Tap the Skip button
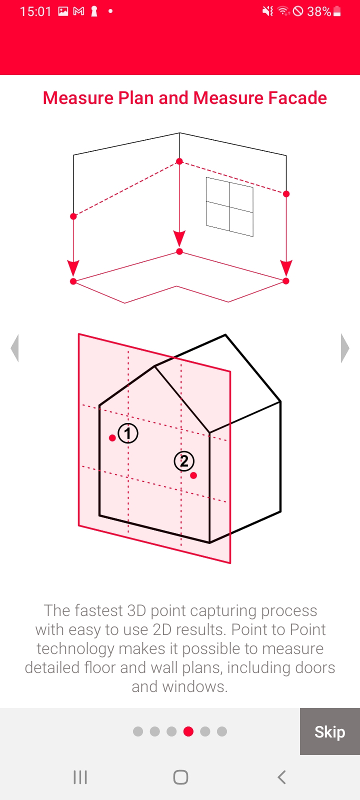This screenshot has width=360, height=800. (x=329, y=731)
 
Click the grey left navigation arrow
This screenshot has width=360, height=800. (x=15, y=348)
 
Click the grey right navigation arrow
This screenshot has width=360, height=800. (x=345, y=348)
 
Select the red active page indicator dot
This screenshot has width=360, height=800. (x=188, y=731)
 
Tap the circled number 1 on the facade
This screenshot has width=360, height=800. (x=128, y=433)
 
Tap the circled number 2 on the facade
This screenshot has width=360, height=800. (x=184, y=461)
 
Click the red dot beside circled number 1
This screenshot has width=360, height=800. (x=112, y=438)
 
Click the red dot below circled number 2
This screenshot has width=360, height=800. (x=193, y=475)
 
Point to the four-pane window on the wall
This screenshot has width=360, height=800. (x=229, y=207)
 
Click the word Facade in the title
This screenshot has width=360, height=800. (x=297, y=98)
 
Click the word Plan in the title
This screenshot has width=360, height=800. (x=136, y=98)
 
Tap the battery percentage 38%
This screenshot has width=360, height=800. (x=319, y=11)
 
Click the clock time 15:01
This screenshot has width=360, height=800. (x=35, y=11)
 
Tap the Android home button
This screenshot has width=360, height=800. (x=180, y=777)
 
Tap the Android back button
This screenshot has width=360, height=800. (x=282, y=777)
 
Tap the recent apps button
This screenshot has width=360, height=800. (x=80, y=777)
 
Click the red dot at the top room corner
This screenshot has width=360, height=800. (x=179, y=161)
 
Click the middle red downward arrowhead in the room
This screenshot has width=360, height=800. (x=179, y=238)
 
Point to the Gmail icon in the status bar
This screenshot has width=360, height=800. (x=78, y=11)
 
